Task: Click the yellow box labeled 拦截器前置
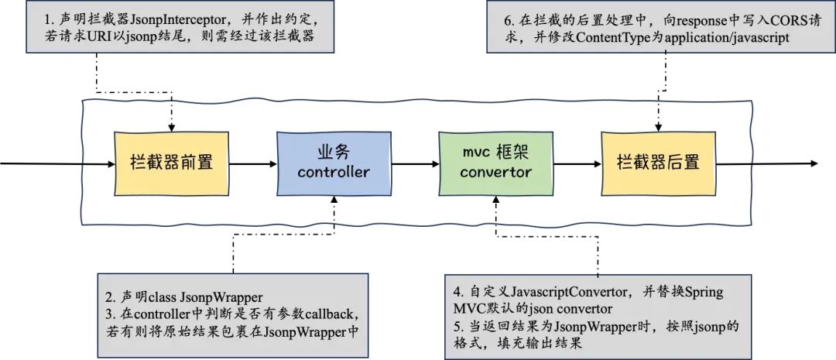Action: (171, 163)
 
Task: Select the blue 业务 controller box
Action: (334, 163)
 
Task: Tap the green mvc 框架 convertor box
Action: (495, 163)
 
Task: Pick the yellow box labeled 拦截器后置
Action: (657, 163)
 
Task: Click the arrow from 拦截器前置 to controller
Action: (252, 163)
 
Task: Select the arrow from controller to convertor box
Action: (414, 163)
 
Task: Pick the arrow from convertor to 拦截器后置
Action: (576, 163)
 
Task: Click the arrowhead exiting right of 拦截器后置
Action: (813, 163)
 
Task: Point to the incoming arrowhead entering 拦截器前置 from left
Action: (110, 163)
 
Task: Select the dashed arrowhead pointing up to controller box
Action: (334, 200)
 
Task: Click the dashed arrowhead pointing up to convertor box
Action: (495, 200)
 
